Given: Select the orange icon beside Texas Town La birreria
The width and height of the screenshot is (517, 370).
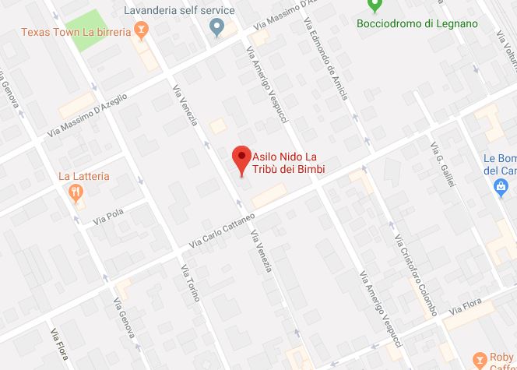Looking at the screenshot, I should point(141,31).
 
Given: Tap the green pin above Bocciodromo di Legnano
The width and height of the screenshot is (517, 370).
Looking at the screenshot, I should point(375,7).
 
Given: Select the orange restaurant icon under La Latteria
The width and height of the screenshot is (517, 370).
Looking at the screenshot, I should point(76,192).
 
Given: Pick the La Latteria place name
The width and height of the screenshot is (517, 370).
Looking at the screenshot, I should point(84,176).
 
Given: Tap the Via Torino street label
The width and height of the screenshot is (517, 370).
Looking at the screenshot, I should point(192,283).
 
